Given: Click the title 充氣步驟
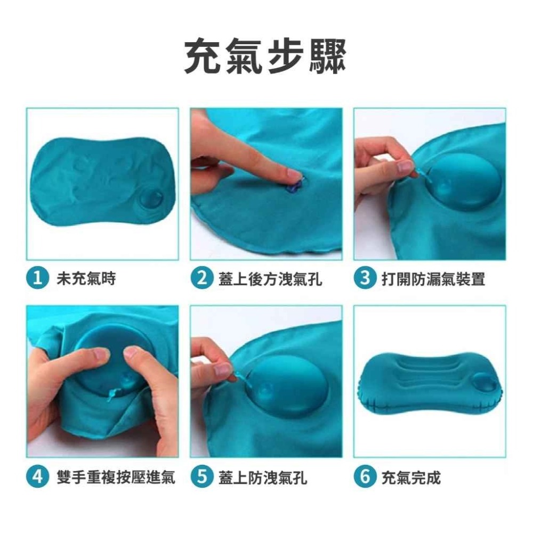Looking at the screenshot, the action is [265, 57].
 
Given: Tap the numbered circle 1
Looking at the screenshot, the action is [37, 278].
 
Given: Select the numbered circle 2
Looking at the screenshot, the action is [201, 278].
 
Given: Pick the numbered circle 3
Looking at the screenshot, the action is [365, 278].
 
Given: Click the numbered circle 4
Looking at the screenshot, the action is [37, 477].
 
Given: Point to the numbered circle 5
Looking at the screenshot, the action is [201, 477].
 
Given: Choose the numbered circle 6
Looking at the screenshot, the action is [365, 477].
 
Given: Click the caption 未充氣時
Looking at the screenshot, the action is [86, 278].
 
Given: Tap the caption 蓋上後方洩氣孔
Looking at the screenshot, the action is [270, 279].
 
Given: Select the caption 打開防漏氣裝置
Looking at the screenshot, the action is [433, 279].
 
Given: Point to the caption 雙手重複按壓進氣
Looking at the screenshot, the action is [116, 477].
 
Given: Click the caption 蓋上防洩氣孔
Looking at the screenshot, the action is [263, 477].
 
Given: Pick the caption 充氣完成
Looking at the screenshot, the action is [411, 477].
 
